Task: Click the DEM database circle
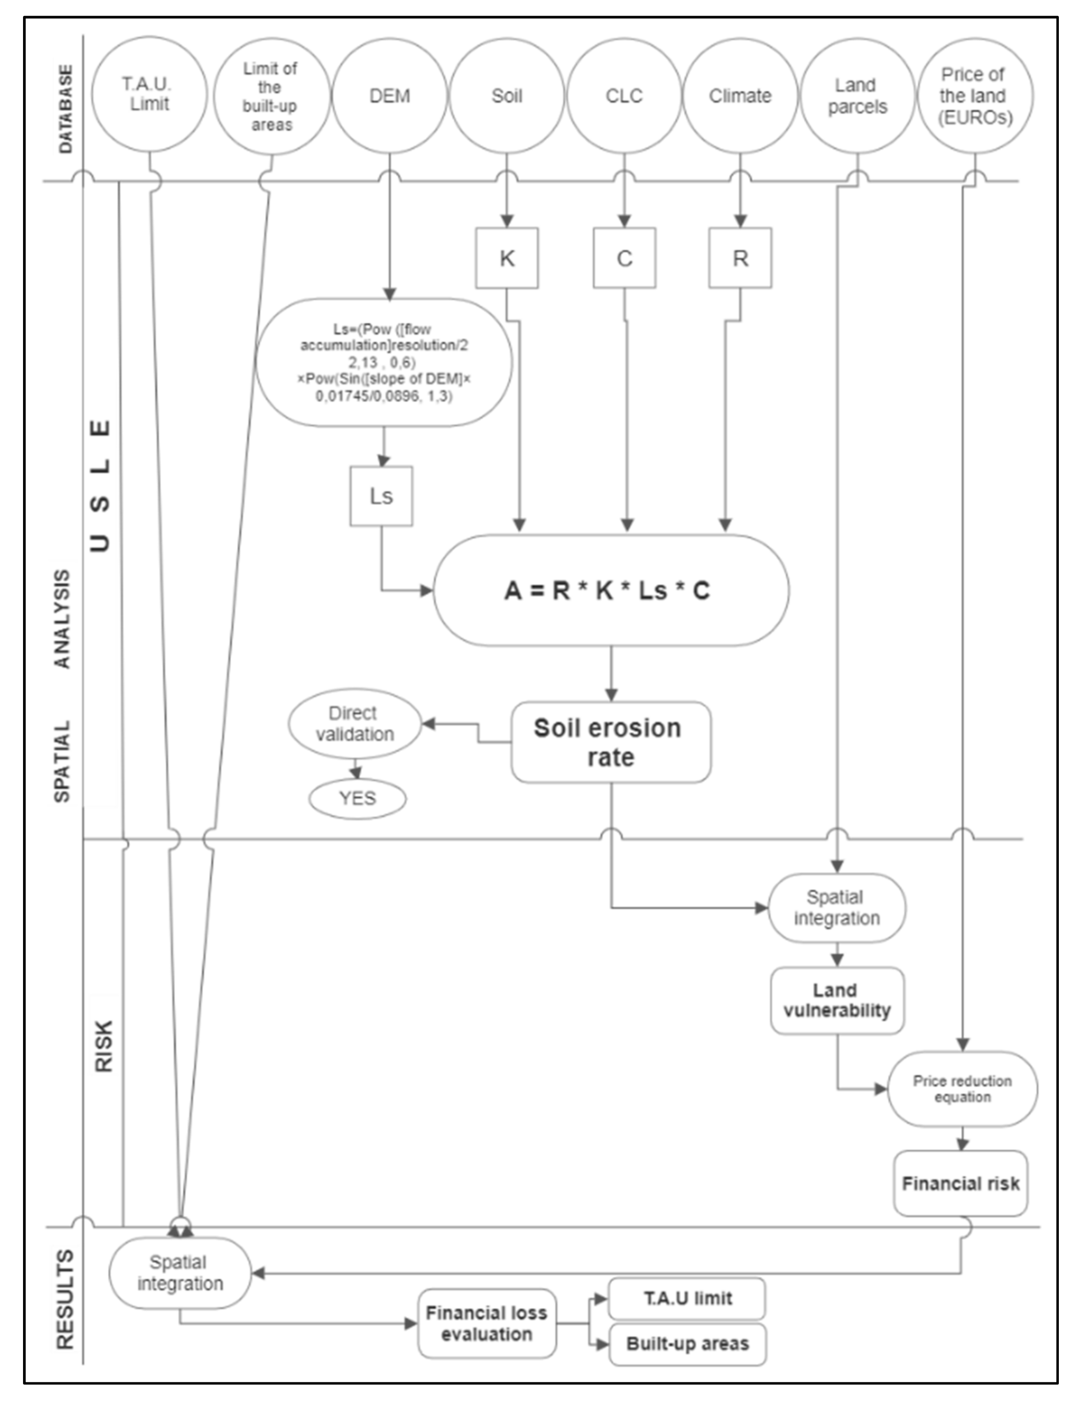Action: click(x=389, y=96)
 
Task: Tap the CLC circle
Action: click(x=624, y=96)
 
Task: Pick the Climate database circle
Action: click(x=740, y=96)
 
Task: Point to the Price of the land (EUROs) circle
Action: click(x=975, y=96)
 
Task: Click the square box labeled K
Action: click(x=507, y=258)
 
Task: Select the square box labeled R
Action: click(x=740, y=258)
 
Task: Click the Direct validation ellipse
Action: click(x=354, y=724)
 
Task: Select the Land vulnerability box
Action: click(x=837, y=1001)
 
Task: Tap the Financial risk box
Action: click(x=960, y=1184)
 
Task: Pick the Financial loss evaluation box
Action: click(x=486, y=1324)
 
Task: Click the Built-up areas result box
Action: click(x=687, y=1344)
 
